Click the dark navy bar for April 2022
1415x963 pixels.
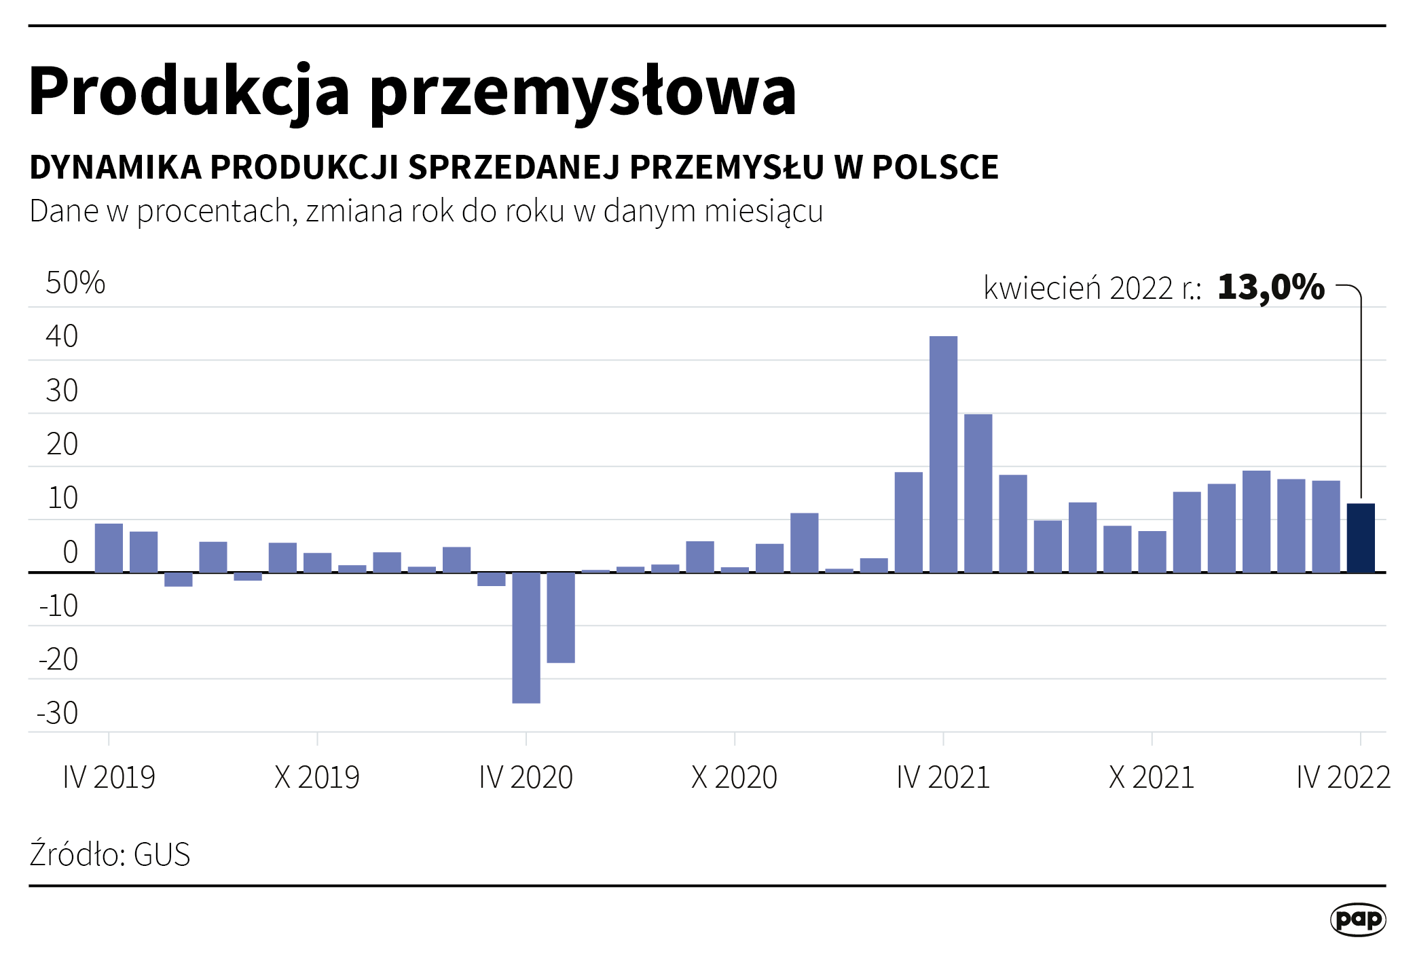[1360, 538]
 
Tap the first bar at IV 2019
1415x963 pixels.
[109, 548]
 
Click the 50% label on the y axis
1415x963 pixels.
[75, 283]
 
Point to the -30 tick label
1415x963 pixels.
[58, 713]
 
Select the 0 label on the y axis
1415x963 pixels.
[70, 552]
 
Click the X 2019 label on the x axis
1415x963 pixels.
[317, 777]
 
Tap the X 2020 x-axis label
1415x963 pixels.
[734, 777]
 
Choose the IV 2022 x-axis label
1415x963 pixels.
[1343, 777]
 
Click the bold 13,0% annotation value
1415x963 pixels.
[1270, 287]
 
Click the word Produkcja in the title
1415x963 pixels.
[189, 91]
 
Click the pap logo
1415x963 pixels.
[1357, 920]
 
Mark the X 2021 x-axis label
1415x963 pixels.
[1151, 777]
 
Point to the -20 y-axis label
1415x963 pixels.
[58, 659]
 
